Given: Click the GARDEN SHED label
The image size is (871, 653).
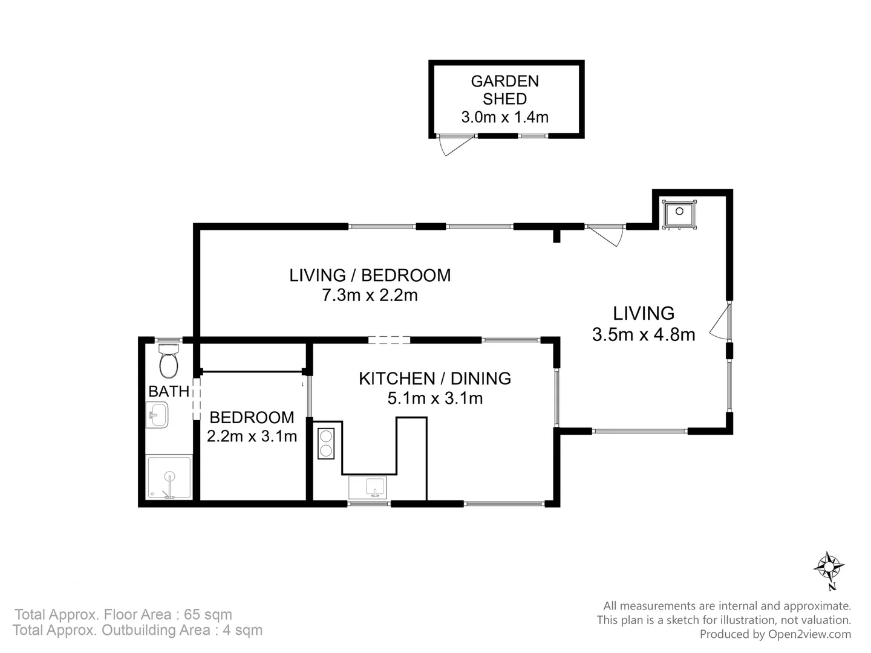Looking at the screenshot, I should [504, 89].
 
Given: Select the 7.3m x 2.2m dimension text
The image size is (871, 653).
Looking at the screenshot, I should [370, 296].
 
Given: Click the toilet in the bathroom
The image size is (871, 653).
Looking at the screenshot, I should [169, 361].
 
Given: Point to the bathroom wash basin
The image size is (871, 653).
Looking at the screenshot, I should [158, 415].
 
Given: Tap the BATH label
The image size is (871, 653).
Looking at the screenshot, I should [169, 392].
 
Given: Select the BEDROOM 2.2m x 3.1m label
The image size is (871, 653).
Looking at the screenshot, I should [252, 427].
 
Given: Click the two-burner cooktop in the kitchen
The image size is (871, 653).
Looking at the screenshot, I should [326, 443].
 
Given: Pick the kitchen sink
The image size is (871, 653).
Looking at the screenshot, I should [367, 487].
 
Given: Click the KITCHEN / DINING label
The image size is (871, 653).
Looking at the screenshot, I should [435, 378].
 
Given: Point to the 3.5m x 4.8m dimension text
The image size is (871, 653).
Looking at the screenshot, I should [644, 334].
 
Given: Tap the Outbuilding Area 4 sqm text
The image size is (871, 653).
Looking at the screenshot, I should [138, 631].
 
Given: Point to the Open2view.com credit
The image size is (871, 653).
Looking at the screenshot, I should [775, 634].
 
